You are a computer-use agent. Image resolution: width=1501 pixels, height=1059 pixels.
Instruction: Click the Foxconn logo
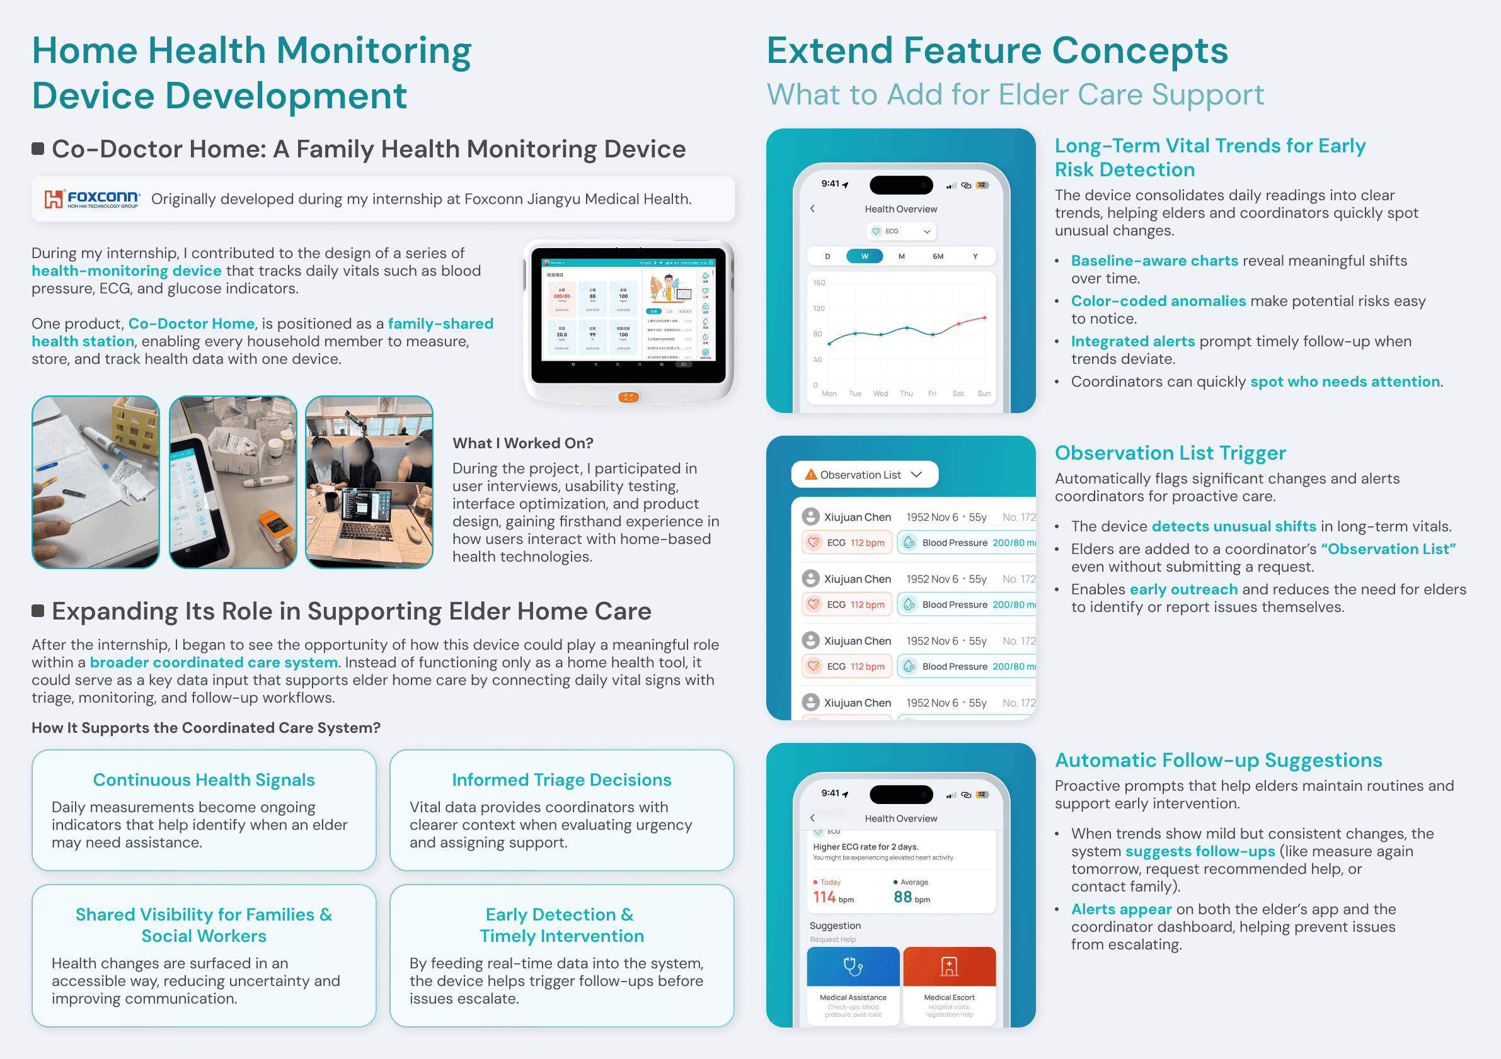coord(91,198)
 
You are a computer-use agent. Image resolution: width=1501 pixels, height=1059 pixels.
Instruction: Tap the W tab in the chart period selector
coord(865,256)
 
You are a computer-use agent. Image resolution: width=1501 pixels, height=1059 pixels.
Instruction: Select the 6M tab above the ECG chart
coord(938,256)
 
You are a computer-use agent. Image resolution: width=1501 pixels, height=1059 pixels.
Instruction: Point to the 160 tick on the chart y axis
coord(819,283)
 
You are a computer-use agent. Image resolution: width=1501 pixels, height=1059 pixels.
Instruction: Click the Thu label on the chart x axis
coord(906,394)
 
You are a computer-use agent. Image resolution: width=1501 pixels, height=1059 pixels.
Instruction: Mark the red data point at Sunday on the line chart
coord(984,317)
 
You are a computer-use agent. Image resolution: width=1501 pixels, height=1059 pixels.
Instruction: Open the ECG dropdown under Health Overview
coord(901,231)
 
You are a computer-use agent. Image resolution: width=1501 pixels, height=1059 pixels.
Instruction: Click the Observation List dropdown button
coord(865,475)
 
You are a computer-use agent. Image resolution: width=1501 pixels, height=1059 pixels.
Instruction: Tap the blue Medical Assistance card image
coord(853,966)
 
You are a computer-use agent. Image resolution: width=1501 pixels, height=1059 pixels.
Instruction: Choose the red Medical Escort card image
coord(949,966)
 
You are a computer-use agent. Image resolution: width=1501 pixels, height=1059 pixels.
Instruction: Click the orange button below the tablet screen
coord(628,397)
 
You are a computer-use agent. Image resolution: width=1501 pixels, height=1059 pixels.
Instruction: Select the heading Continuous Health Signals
coord(204,780)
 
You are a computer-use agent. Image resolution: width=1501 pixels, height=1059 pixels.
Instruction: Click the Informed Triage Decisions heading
coord(561,780)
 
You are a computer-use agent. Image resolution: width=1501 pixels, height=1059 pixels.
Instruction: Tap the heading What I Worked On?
coord(522,443)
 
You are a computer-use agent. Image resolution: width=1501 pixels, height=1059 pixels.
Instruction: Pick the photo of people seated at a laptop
coord(369,482)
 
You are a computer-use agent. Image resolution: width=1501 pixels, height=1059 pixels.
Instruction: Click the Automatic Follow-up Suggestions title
coord(1219,761)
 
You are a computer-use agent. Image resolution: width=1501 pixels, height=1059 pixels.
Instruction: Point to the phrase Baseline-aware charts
coord(1154,261)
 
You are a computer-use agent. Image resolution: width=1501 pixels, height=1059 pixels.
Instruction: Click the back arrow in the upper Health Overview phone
coord(813,208)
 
